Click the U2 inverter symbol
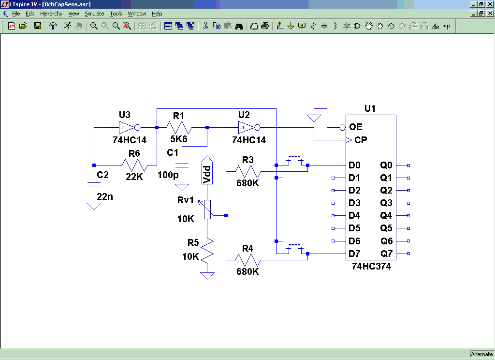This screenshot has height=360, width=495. pyautogui.click(x=249, y=127)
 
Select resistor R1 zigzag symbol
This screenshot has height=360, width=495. pyautogui.click(x=179, y=127)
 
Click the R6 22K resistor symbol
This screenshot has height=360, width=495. pyautogui.click(x=134, y=165)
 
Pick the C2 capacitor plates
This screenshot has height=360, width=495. pyautogui.click(x=94, y=184)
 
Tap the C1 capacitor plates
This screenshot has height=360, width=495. pyautogui.click(x=182, y=165)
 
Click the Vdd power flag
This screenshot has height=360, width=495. pyautogui.click(x=207, y=170)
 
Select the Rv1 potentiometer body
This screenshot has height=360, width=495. pyautogui.click(x=207, y=209)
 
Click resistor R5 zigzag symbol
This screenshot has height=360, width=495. pyautogui.click(x=207, y=250)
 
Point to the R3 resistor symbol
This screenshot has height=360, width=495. pyautogui.click(x=248, y=172)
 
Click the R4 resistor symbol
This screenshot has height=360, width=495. pyautogui.click(x=248, y=260)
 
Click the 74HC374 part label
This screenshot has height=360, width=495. pyautogui.click(x=372, y=267)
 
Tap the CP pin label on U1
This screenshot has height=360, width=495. pyautogui.click(x=361, y=140)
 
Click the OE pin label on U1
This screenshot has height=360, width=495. pyautogui.click(x=355, y=127)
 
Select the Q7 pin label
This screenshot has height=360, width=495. pyautogui.click(x=386, y=254)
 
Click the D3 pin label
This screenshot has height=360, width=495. pyautogui.click(x=354, y=203)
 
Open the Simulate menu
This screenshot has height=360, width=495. pyautogui.click(x=94, y=14)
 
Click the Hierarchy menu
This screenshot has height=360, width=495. pyautogui.click(x=51, y=14)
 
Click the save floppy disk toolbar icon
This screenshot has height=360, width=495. pyautogui.click(x=38, y=26)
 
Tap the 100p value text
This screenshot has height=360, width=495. pyautogui.click(x=168, y=175)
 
